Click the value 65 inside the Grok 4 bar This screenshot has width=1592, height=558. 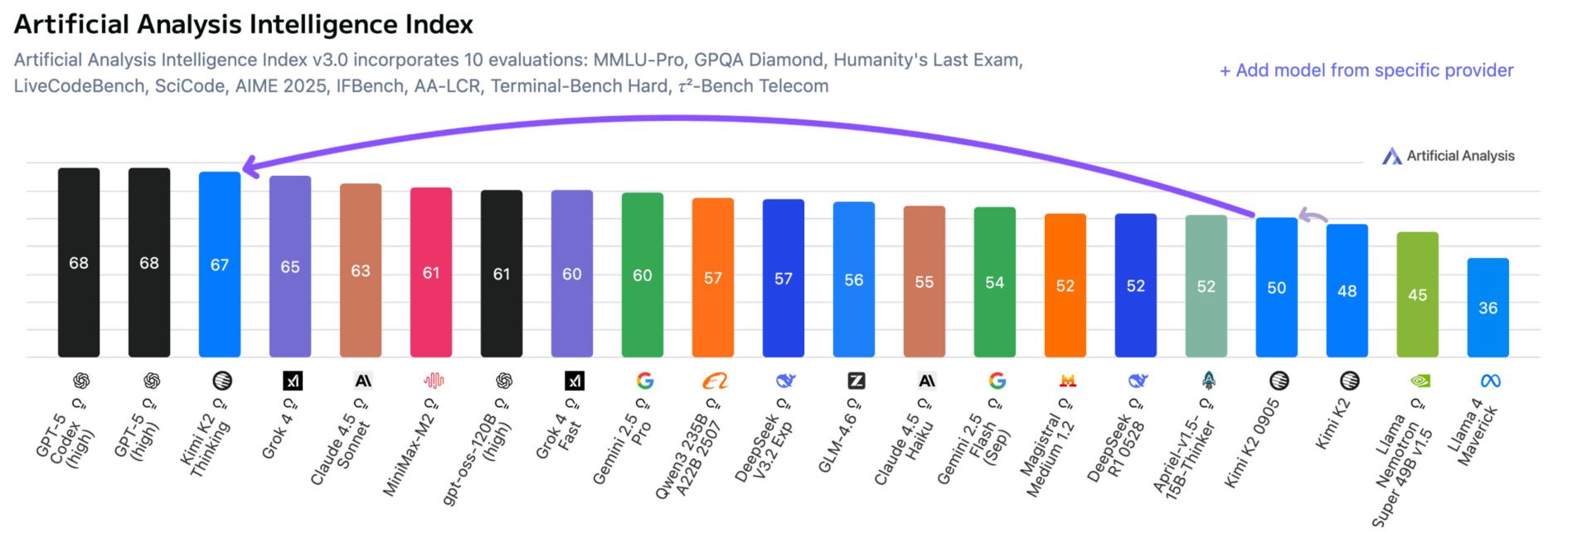pos(290,267)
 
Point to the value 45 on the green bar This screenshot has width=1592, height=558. pos(1417,295)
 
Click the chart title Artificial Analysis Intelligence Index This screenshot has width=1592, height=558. pos(244,25)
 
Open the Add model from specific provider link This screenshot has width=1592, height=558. pos(1366,70)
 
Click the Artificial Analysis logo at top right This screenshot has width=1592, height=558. pos(1448,156)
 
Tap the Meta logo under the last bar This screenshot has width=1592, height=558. pos(1490,381)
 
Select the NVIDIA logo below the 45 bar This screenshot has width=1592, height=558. pos(1420,381)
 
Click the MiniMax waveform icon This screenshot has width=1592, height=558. pos(434,381)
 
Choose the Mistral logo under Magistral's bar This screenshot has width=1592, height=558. pos(1067,381)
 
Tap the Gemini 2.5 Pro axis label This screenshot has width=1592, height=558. pos(622,448)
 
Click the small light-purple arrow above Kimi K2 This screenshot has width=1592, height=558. pos(1312,216)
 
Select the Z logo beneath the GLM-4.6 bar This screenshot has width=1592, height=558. pos(856,381)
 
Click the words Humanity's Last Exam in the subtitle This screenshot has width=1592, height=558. pos(927,60)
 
